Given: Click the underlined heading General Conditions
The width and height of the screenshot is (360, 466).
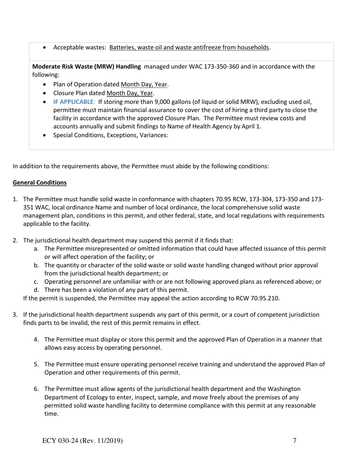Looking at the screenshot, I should click(39, 183).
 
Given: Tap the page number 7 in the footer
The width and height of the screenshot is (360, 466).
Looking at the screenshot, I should click(294, 440).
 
